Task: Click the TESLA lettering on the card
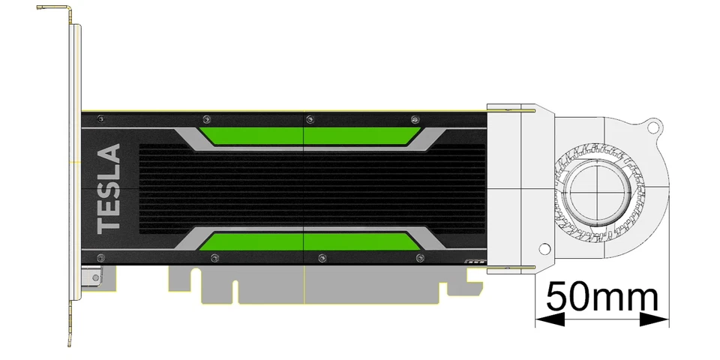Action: click(109, 187)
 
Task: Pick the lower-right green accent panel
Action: click(360, 241)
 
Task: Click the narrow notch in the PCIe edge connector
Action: click(235, 292)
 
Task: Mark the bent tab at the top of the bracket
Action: click(54, 10)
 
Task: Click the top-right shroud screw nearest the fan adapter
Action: click(415, 119)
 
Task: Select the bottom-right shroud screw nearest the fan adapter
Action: click(418, 258)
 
